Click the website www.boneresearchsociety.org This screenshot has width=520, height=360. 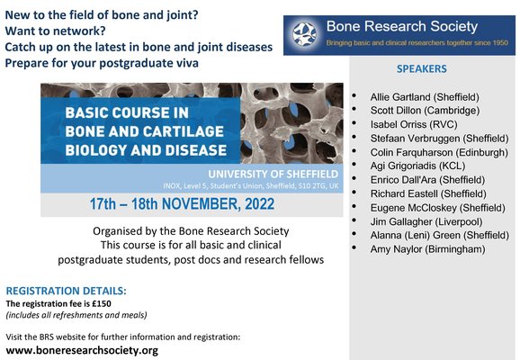click(82, 349)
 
